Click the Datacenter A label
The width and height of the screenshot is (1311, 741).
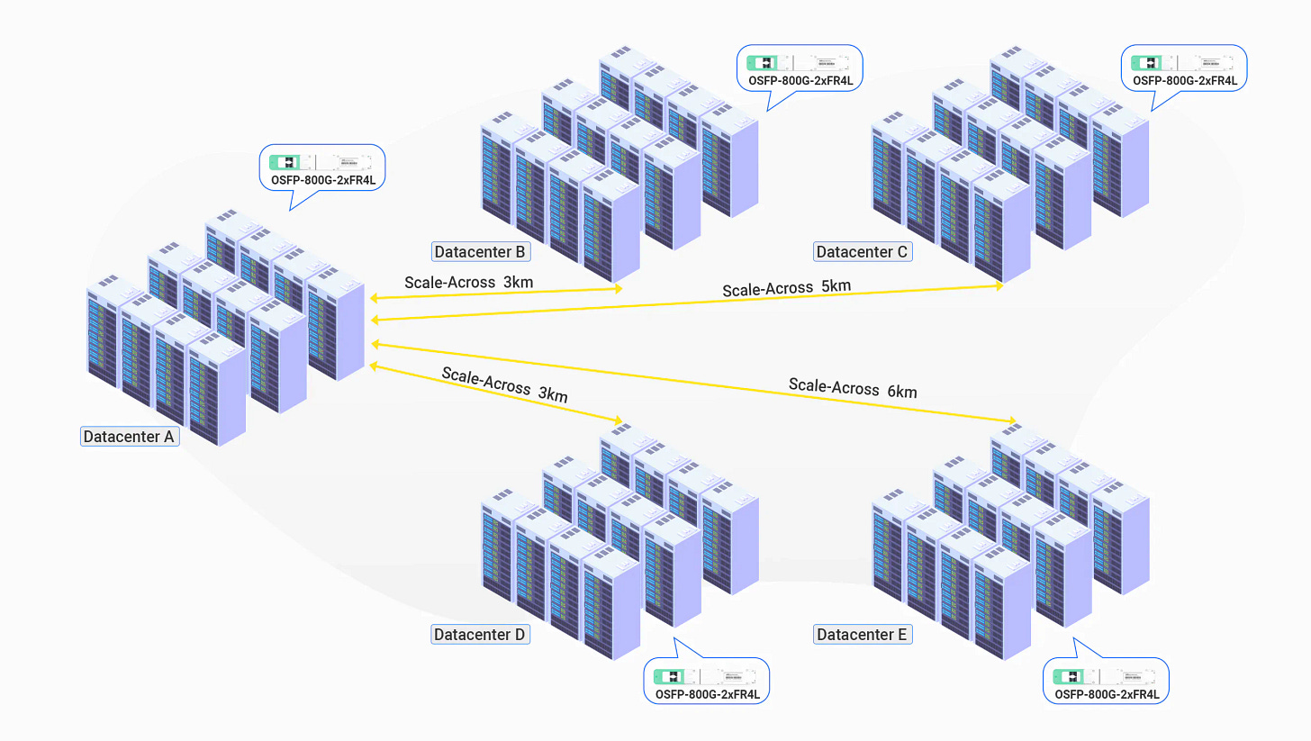[130, 438]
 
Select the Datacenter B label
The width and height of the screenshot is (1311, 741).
[480, 251]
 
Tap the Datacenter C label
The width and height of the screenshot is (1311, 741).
[863, 251]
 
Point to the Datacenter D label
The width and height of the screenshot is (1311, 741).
[479, 635]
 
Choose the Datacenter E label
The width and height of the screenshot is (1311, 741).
[862, 635]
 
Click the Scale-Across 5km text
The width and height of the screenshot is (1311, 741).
[786, 288]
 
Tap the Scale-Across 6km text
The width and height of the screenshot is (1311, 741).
[853, 388]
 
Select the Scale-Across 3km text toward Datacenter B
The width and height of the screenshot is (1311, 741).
[468, 282]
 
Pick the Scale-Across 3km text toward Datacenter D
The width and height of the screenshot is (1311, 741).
[504, 384]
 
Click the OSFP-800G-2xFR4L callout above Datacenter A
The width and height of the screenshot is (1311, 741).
[322, 169]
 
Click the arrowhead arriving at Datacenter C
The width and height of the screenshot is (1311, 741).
[999, 285]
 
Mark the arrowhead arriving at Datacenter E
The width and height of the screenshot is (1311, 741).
[1013, 421]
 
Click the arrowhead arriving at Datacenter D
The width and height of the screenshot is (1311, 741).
[617, 421]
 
